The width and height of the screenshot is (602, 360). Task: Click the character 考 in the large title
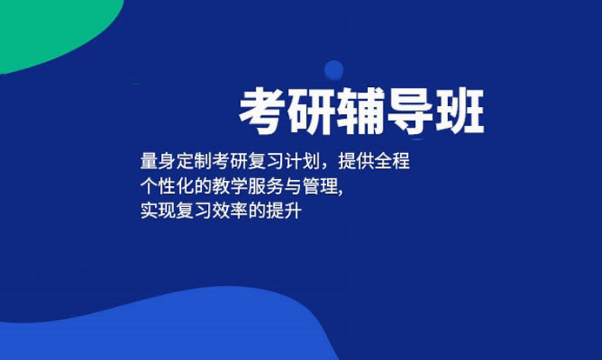click(263, 111)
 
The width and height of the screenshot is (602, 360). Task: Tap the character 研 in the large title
click(312, 111)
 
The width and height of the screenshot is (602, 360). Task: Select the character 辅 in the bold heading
click(361, 111)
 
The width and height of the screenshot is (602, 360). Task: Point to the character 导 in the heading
click(410, 111)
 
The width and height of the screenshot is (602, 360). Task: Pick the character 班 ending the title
click(458, 111)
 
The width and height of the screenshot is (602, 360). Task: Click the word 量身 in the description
click(156, 163)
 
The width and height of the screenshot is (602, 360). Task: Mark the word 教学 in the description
click(225, 187)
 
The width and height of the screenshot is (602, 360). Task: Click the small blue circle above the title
click(333, 70)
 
